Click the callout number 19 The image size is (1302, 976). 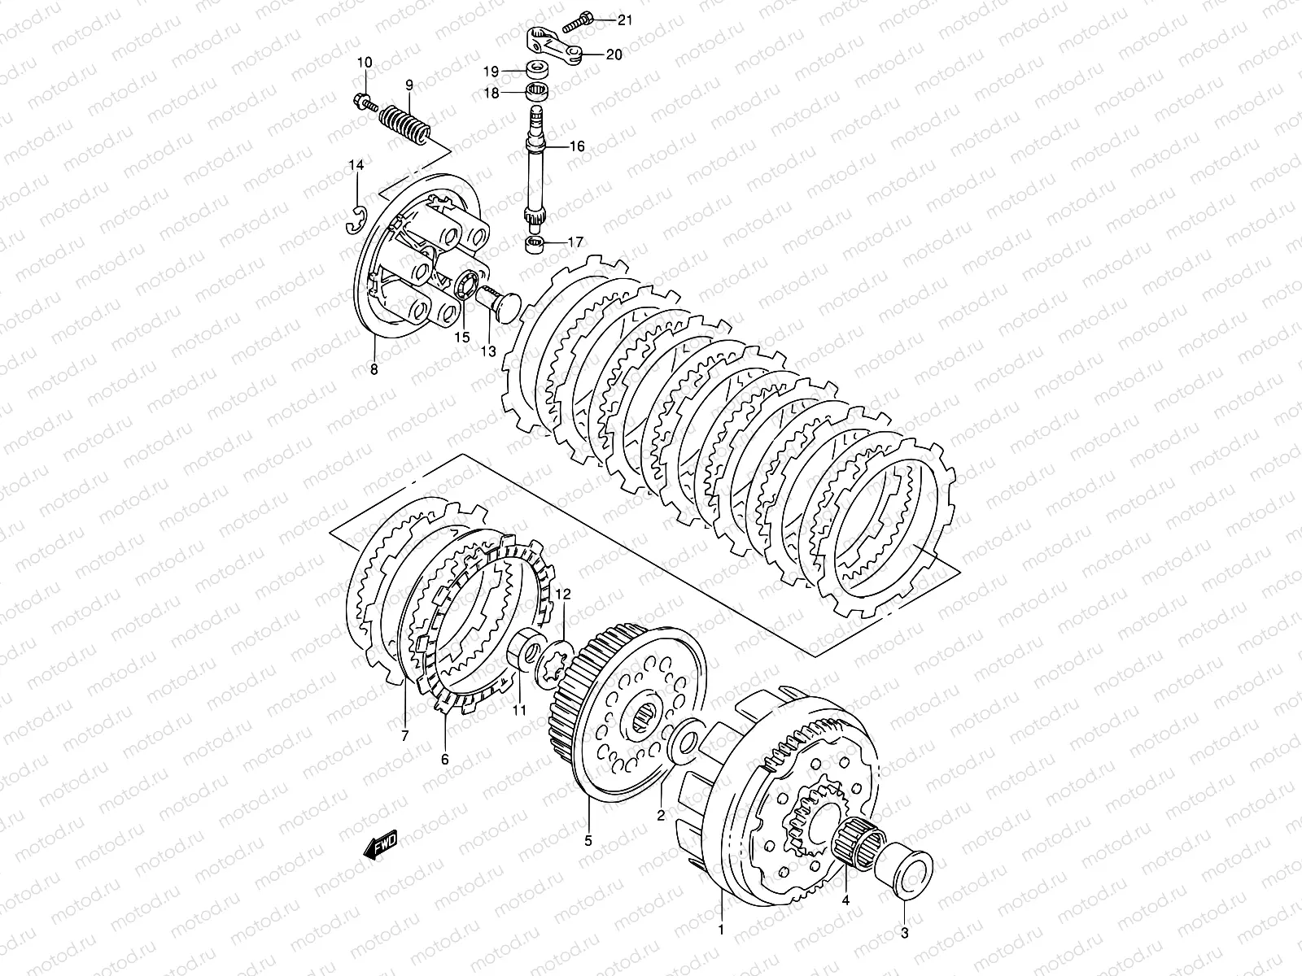(492, 71)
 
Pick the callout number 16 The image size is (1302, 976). (599, 147)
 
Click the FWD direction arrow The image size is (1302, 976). (379, 849)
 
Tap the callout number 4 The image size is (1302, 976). (845, 901)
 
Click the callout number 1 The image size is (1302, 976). (719, 928)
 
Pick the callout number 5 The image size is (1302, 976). (588, 839)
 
